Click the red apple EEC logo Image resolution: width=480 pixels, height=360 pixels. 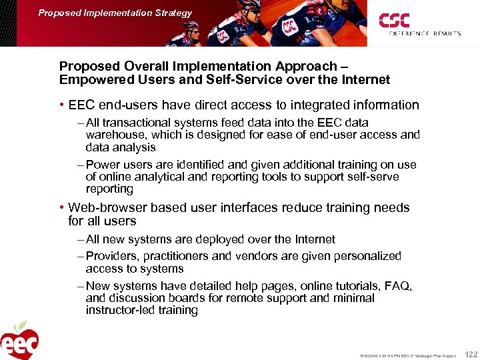click(x=19, y=341)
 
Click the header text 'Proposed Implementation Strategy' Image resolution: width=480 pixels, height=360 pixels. click(x=115, y=13)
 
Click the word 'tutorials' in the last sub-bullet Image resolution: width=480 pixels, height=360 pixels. click(x=349, y=286)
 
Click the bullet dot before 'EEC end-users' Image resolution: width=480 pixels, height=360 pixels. click(x=61, y=105)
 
